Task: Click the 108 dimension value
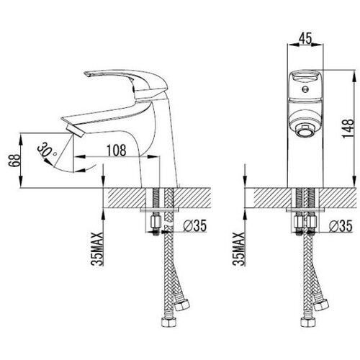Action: point(116,150)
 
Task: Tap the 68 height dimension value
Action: point(14,160)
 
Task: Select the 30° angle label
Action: point(46,150)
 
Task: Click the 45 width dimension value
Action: point(306,38)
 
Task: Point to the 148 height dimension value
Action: point(348,128)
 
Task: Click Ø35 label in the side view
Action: point(194,225)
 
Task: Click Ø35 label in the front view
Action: point(341,226)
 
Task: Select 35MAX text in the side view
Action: point(97,249)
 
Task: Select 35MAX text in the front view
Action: point(239,249)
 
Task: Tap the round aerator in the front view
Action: point(305,131)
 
